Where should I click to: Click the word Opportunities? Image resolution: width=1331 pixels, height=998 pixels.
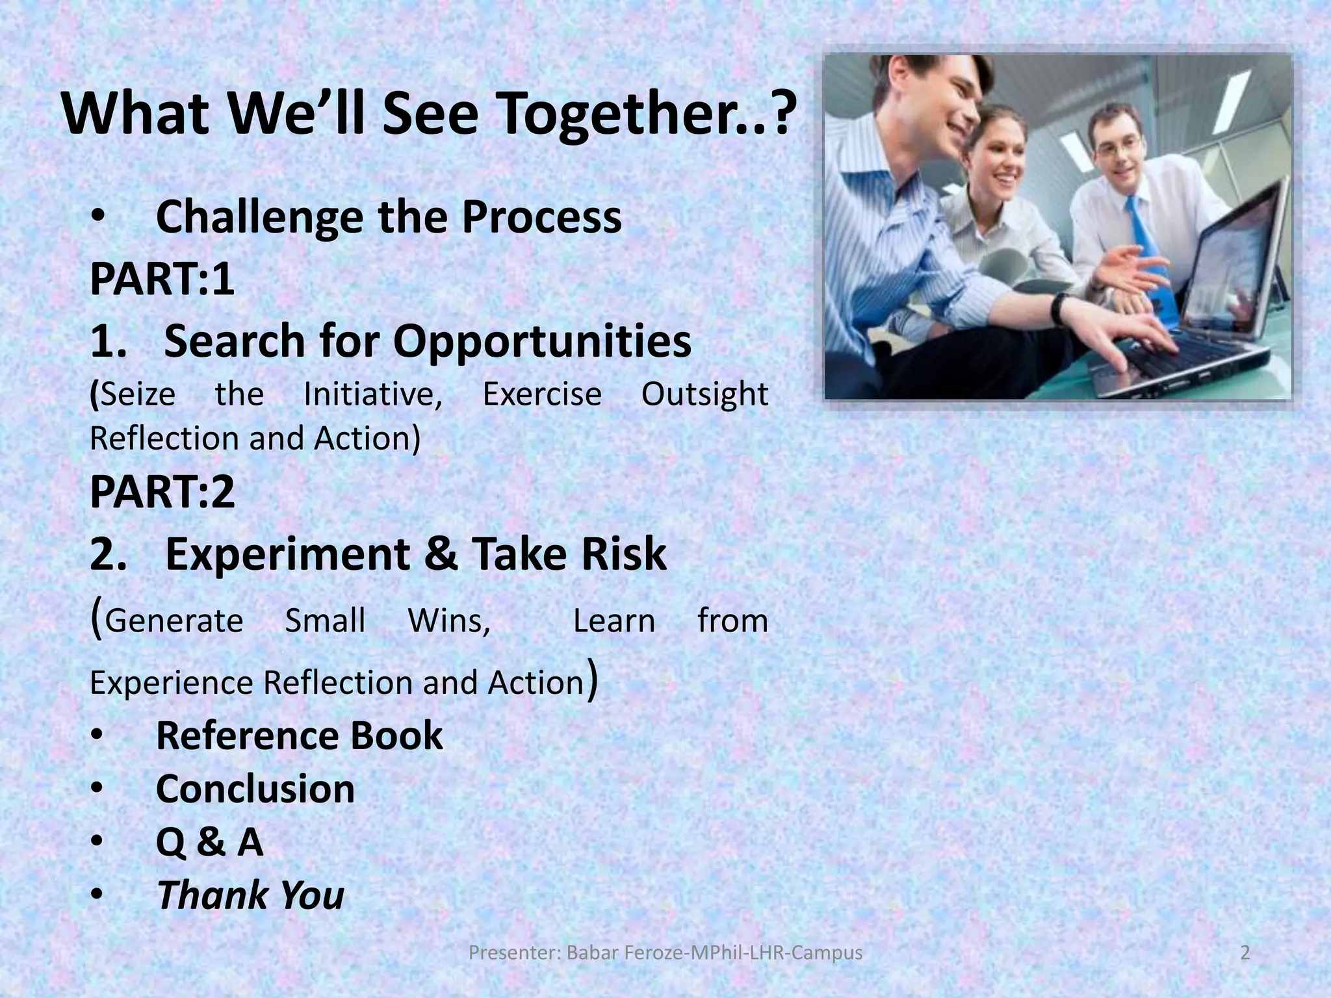[x=542, y=341]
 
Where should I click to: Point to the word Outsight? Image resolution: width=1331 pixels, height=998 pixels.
[x=704, y=394]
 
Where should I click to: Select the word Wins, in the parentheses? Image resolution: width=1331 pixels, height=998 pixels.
[x=448, y=621]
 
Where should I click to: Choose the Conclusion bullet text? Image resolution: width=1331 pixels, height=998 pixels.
[x=255, y=789]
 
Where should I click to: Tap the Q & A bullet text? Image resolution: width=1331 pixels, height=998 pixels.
[x=209, y=842]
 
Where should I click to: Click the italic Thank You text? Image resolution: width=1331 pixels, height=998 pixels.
[x=250, y=895]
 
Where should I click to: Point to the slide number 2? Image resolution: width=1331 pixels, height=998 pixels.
[x=1245, y=953]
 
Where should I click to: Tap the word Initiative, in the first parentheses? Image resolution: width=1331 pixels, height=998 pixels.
[x=373, y=394]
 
